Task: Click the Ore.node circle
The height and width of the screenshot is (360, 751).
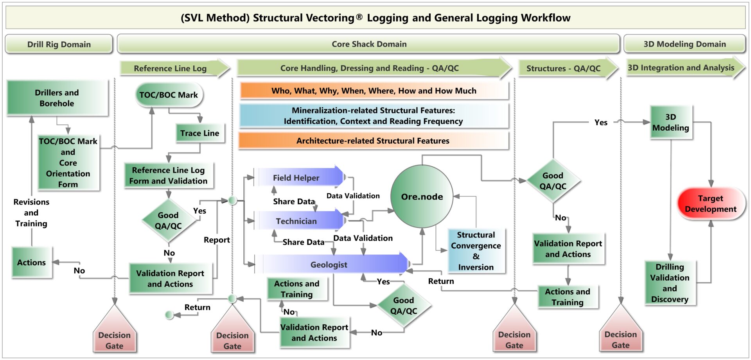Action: click(422, 196)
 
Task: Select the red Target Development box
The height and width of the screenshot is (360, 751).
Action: click(710, 204)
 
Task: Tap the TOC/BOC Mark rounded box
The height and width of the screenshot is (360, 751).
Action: click(169, 95)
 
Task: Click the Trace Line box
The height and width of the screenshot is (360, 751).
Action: click(200, 133)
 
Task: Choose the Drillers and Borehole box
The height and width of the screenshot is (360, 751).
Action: click(57, 98)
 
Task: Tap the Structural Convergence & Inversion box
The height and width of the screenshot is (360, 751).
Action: click(476, 251)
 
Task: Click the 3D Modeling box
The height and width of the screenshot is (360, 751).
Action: click(671, 122)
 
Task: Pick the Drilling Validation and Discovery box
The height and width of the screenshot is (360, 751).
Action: click(670, 283)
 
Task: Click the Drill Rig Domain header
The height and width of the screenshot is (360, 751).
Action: click(59, 44)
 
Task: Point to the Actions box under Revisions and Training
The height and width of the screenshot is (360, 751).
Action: click(31, 263)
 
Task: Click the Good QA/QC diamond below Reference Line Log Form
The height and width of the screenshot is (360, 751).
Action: click(168, 220)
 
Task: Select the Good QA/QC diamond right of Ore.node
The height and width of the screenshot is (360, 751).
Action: click(553, 181)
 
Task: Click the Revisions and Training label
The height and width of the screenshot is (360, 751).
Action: click(31, 212)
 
